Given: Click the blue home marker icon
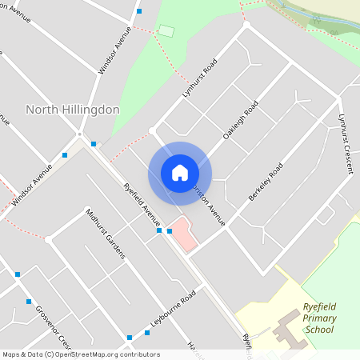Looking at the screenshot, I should pos(180,173).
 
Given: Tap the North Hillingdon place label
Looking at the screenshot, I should pos(73,110).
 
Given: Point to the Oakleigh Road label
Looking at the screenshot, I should pos(241,121).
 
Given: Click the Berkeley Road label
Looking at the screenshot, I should pos(266,182).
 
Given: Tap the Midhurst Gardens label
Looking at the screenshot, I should pos(105,234).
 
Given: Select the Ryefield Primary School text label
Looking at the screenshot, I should pos(319,318).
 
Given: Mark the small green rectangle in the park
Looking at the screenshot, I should pos(166,30).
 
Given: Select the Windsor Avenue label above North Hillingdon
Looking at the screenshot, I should pos(114,50).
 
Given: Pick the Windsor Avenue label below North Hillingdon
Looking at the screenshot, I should pos(32,185).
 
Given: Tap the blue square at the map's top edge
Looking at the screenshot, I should pos(140,11).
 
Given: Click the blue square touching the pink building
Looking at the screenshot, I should pos(170,230).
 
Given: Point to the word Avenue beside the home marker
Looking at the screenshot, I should pos(212,209).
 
